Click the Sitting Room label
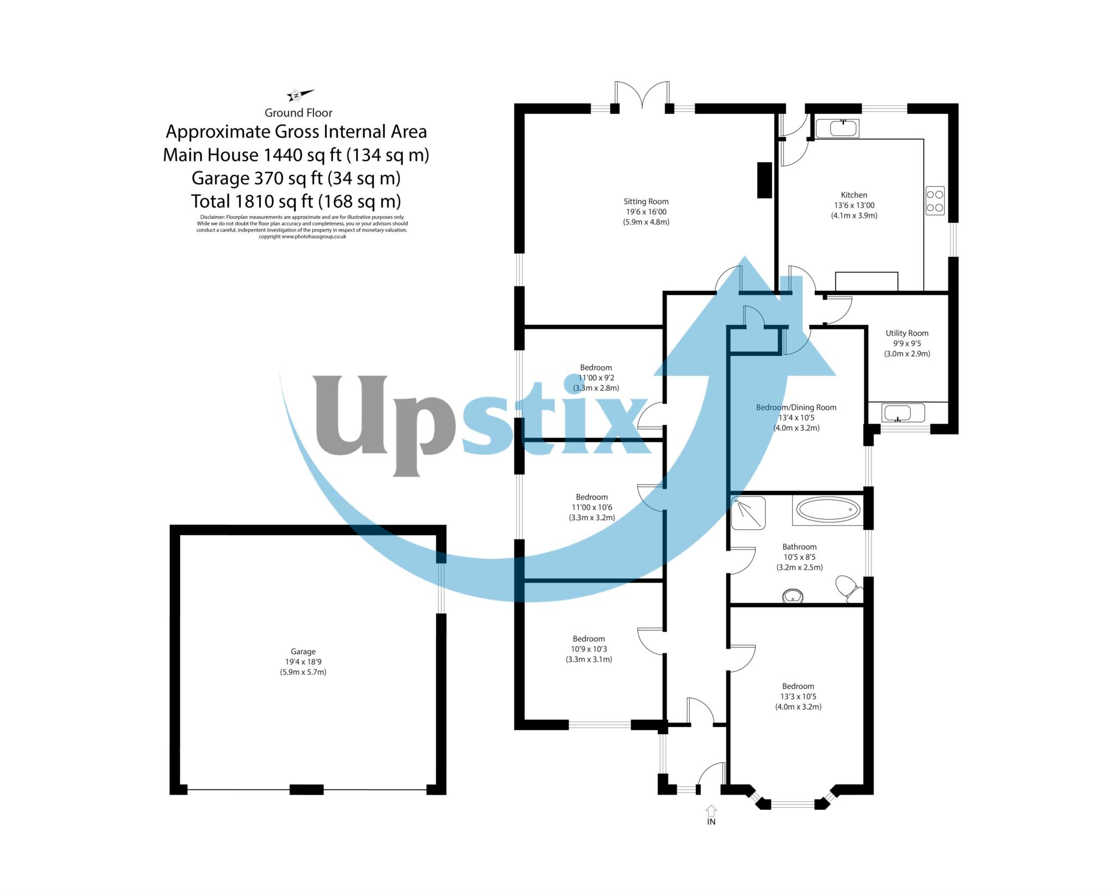click(646, 201)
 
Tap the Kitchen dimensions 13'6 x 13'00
click(854, 205)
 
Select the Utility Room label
click(906, 333)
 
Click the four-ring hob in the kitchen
click(935, 200)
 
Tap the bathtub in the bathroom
click(828, 510)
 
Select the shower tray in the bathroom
click(748, 512)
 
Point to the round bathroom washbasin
click(793, 596)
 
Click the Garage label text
click(303, 651)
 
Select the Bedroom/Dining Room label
click(796, 407)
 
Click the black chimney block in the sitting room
click(764, 180)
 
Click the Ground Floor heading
click(298, 113)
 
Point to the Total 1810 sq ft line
click(296, 201)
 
